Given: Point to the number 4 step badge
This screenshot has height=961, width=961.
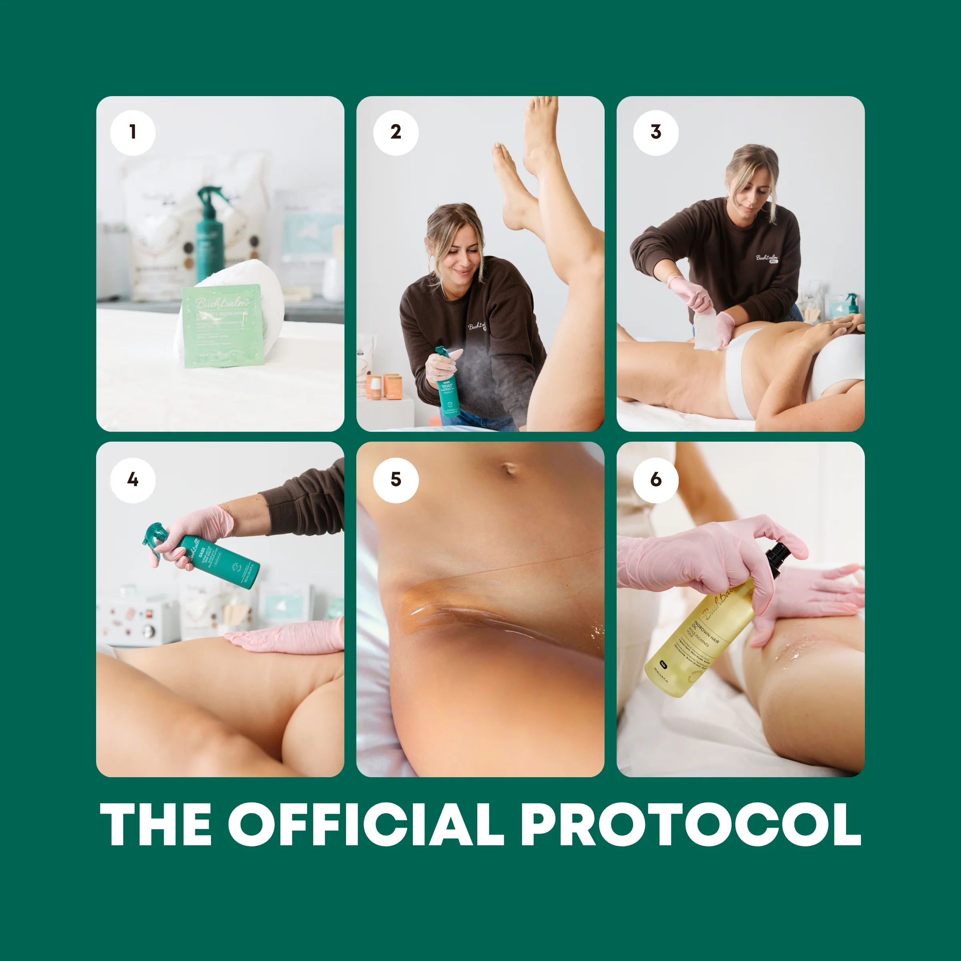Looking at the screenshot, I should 133,480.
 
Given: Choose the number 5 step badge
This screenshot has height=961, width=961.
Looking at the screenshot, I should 396,480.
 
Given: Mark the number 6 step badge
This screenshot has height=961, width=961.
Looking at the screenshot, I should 655,480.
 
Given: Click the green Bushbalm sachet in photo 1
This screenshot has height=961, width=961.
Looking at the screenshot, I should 222,326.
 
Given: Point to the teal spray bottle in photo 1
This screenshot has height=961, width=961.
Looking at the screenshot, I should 209,234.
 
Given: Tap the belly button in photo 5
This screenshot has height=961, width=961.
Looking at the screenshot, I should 509,468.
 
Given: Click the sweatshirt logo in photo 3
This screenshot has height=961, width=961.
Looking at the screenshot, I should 768,257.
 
